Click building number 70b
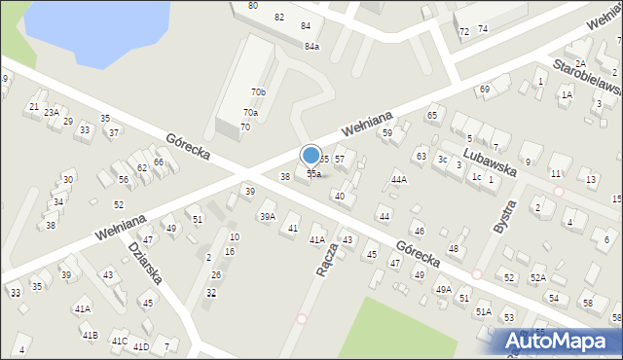coord(258,92)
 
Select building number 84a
coord(311,47)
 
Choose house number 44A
coord(398,180)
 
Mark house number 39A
coord(267,217)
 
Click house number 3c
coord(442,159)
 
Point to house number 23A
coord(51,113)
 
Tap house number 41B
coord(90,336)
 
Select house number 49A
coord(443,290)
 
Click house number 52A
coord(537,278)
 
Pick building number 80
coord(253,6)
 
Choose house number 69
coord(484,90)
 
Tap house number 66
coord(158,162)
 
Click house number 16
coord(229,252)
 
